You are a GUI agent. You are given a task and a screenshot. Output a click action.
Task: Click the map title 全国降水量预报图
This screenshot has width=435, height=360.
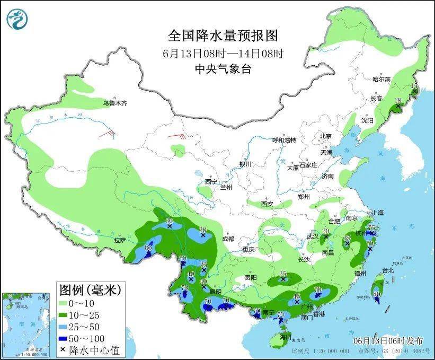click(x=223, y=36)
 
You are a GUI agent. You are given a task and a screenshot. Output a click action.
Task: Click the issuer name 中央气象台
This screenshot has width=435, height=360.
click(x=223, y=68)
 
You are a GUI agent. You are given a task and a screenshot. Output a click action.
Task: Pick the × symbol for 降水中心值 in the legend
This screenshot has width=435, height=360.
click(x=64, y=350)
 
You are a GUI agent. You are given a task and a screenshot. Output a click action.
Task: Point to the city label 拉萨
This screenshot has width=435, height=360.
click(x=119, y=240)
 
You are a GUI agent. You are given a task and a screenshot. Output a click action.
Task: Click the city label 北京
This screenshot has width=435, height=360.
click(x=325, y=136)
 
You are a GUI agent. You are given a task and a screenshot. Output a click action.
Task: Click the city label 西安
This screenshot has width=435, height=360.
click(x=268, y=204)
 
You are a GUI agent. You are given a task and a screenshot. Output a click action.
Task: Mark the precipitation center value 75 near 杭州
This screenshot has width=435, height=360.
click(x=372, y=227)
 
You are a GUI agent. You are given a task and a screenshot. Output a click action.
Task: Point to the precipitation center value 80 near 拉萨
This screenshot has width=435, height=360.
click(x=148, y=248)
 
